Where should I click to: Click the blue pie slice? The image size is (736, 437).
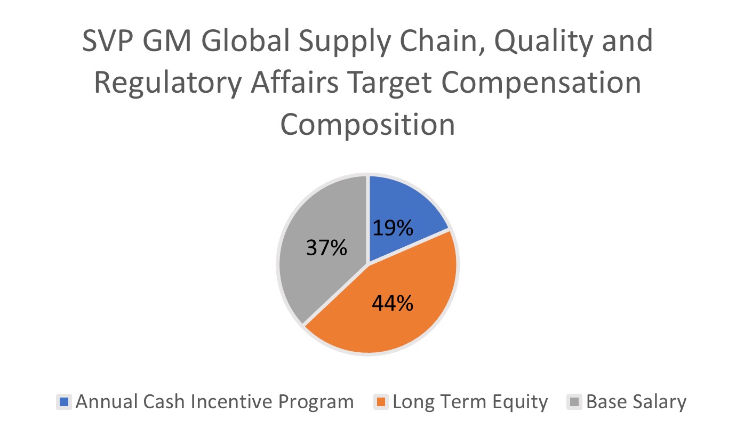pos(405,208)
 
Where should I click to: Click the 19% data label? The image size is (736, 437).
pos(393,228)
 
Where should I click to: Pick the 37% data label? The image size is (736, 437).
pos(326,247)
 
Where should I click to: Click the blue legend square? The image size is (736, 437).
pos(63,401)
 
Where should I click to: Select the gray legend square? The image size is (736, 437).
pos(574,401)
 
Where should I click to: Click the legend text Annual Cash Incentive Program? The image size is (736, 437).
pos(214,401)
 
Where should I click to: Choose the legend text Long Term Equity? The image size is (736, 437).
pos(470,401)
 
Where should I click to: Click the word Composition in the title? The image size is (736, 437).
pos(367,125)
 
